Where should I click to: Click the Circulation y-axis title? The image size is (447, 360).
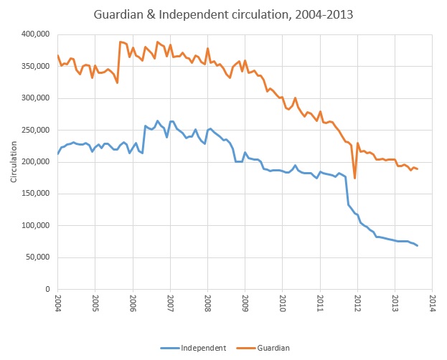14,162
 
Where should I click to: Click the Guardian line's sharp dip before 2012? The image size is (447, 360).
354,178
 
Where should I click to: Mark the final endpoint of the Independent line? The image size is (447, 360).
418,246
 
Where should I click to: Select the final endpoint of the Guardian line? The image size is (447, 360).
418,169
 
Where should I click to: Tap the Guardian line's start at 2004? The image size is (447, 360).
57,55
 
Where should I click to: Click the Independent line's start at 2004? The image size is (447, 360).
57,153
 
